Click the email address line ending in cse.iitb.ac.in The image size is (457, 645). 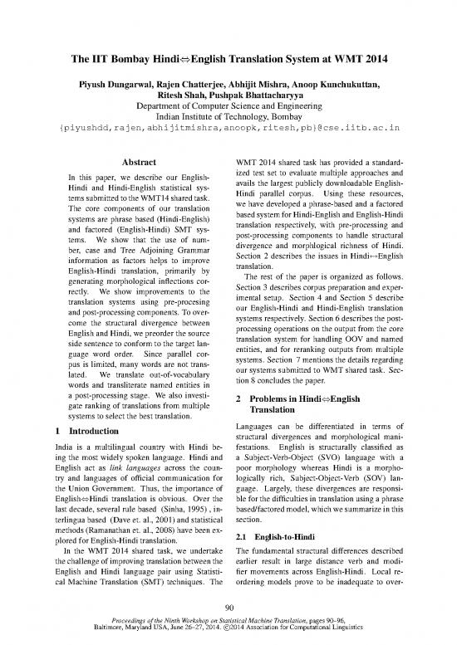point(228,129)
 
